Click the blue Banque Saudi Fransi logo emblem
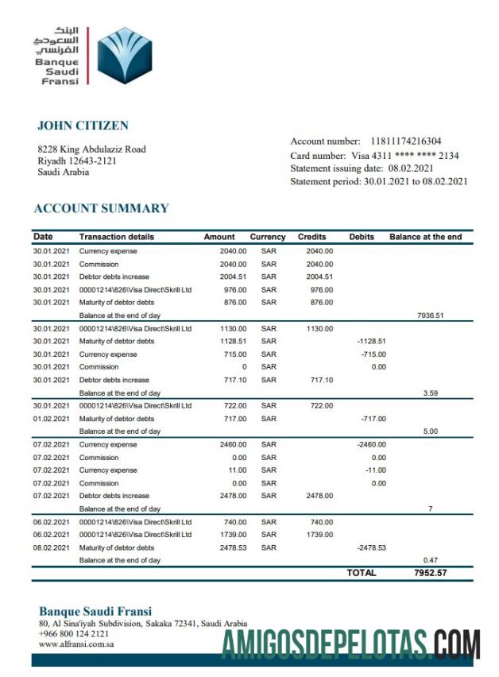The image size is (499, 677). point(123,56)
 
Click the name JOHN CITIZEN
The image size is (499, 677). point(83,126)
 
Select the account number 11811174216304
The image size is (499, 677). point(406,141)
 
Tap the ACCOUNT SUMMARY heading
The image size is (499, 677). point(101,208)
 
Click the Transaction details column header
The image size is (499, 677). point(116,237)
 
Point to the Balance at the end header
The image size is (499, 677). point(425,237)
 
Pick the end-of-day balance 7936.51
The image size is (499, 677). point(430,315)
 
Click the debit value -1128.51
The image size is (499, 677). point(371,341)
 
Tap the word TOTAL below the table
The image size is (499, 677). point(362,572)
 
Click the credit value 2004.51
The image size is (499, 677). point(319,277)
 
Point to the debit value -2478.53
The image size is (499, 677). point(371,547)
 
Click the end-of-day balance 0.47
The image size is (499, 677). point(430,560)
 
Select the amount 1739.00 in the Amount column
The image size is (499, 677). point(233,535)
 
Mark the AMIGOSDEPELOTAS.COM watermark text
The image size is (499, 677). point(350,644)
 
